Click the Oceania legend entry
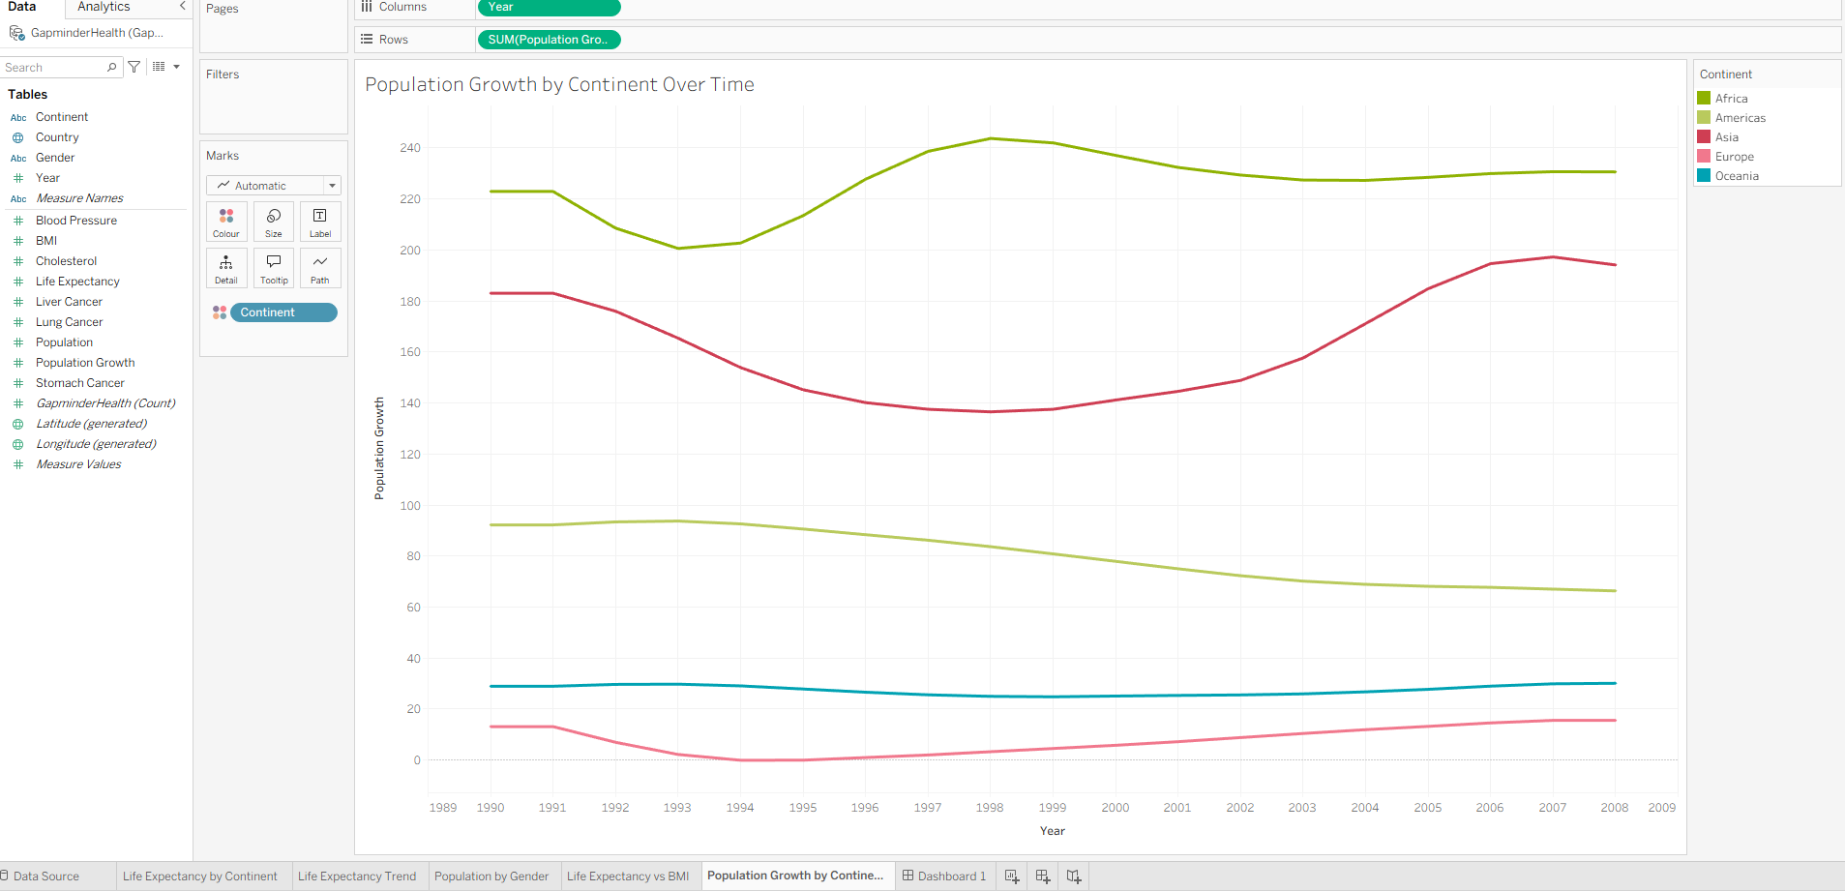[1736, 176]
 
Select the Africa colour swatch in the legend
[1704, 99]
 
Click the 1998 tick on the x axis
[989, 808]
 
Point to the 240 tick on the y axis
[410, 148]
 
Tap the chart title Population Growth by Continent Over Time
[559, 85]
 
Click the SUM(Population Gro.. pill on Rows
[549, 40]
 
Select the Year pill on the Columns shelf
[549, 8]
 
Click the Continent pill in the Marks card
[283, 312]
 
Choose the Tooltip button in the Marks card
[274, 268]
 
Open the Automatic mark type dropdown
[274, 186]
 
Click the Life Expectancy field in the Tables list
[77, 282]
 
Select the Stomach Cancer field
[79, 383]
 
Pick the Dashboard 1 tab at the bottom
[944, 876]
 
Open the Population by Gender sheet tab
[491, 876]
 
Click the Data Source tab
[45, 876]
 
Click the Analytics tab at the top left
[104, 7]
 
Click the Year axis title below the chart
[1052, 831]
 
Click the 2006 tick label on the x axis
[1489, 808]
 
